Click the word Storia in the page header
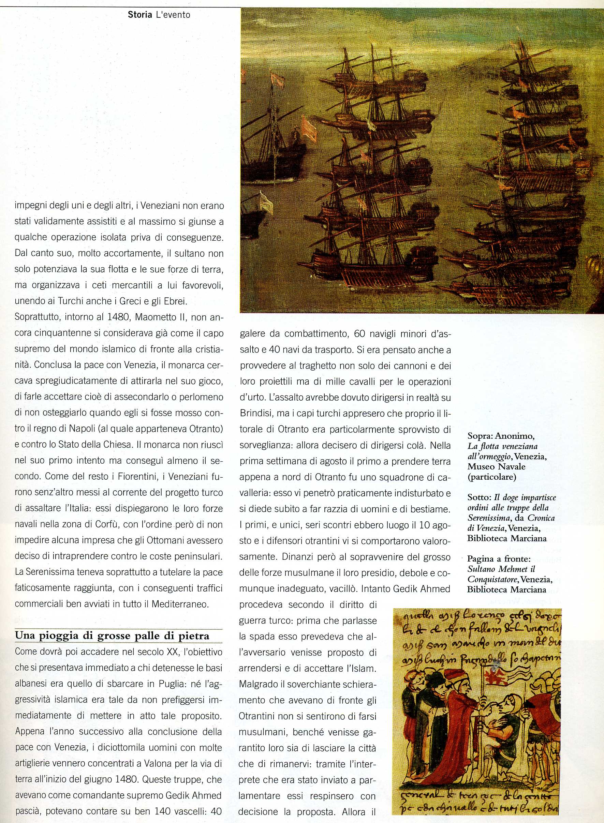[138, 15]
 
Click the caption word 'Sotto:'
[479, 498]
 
